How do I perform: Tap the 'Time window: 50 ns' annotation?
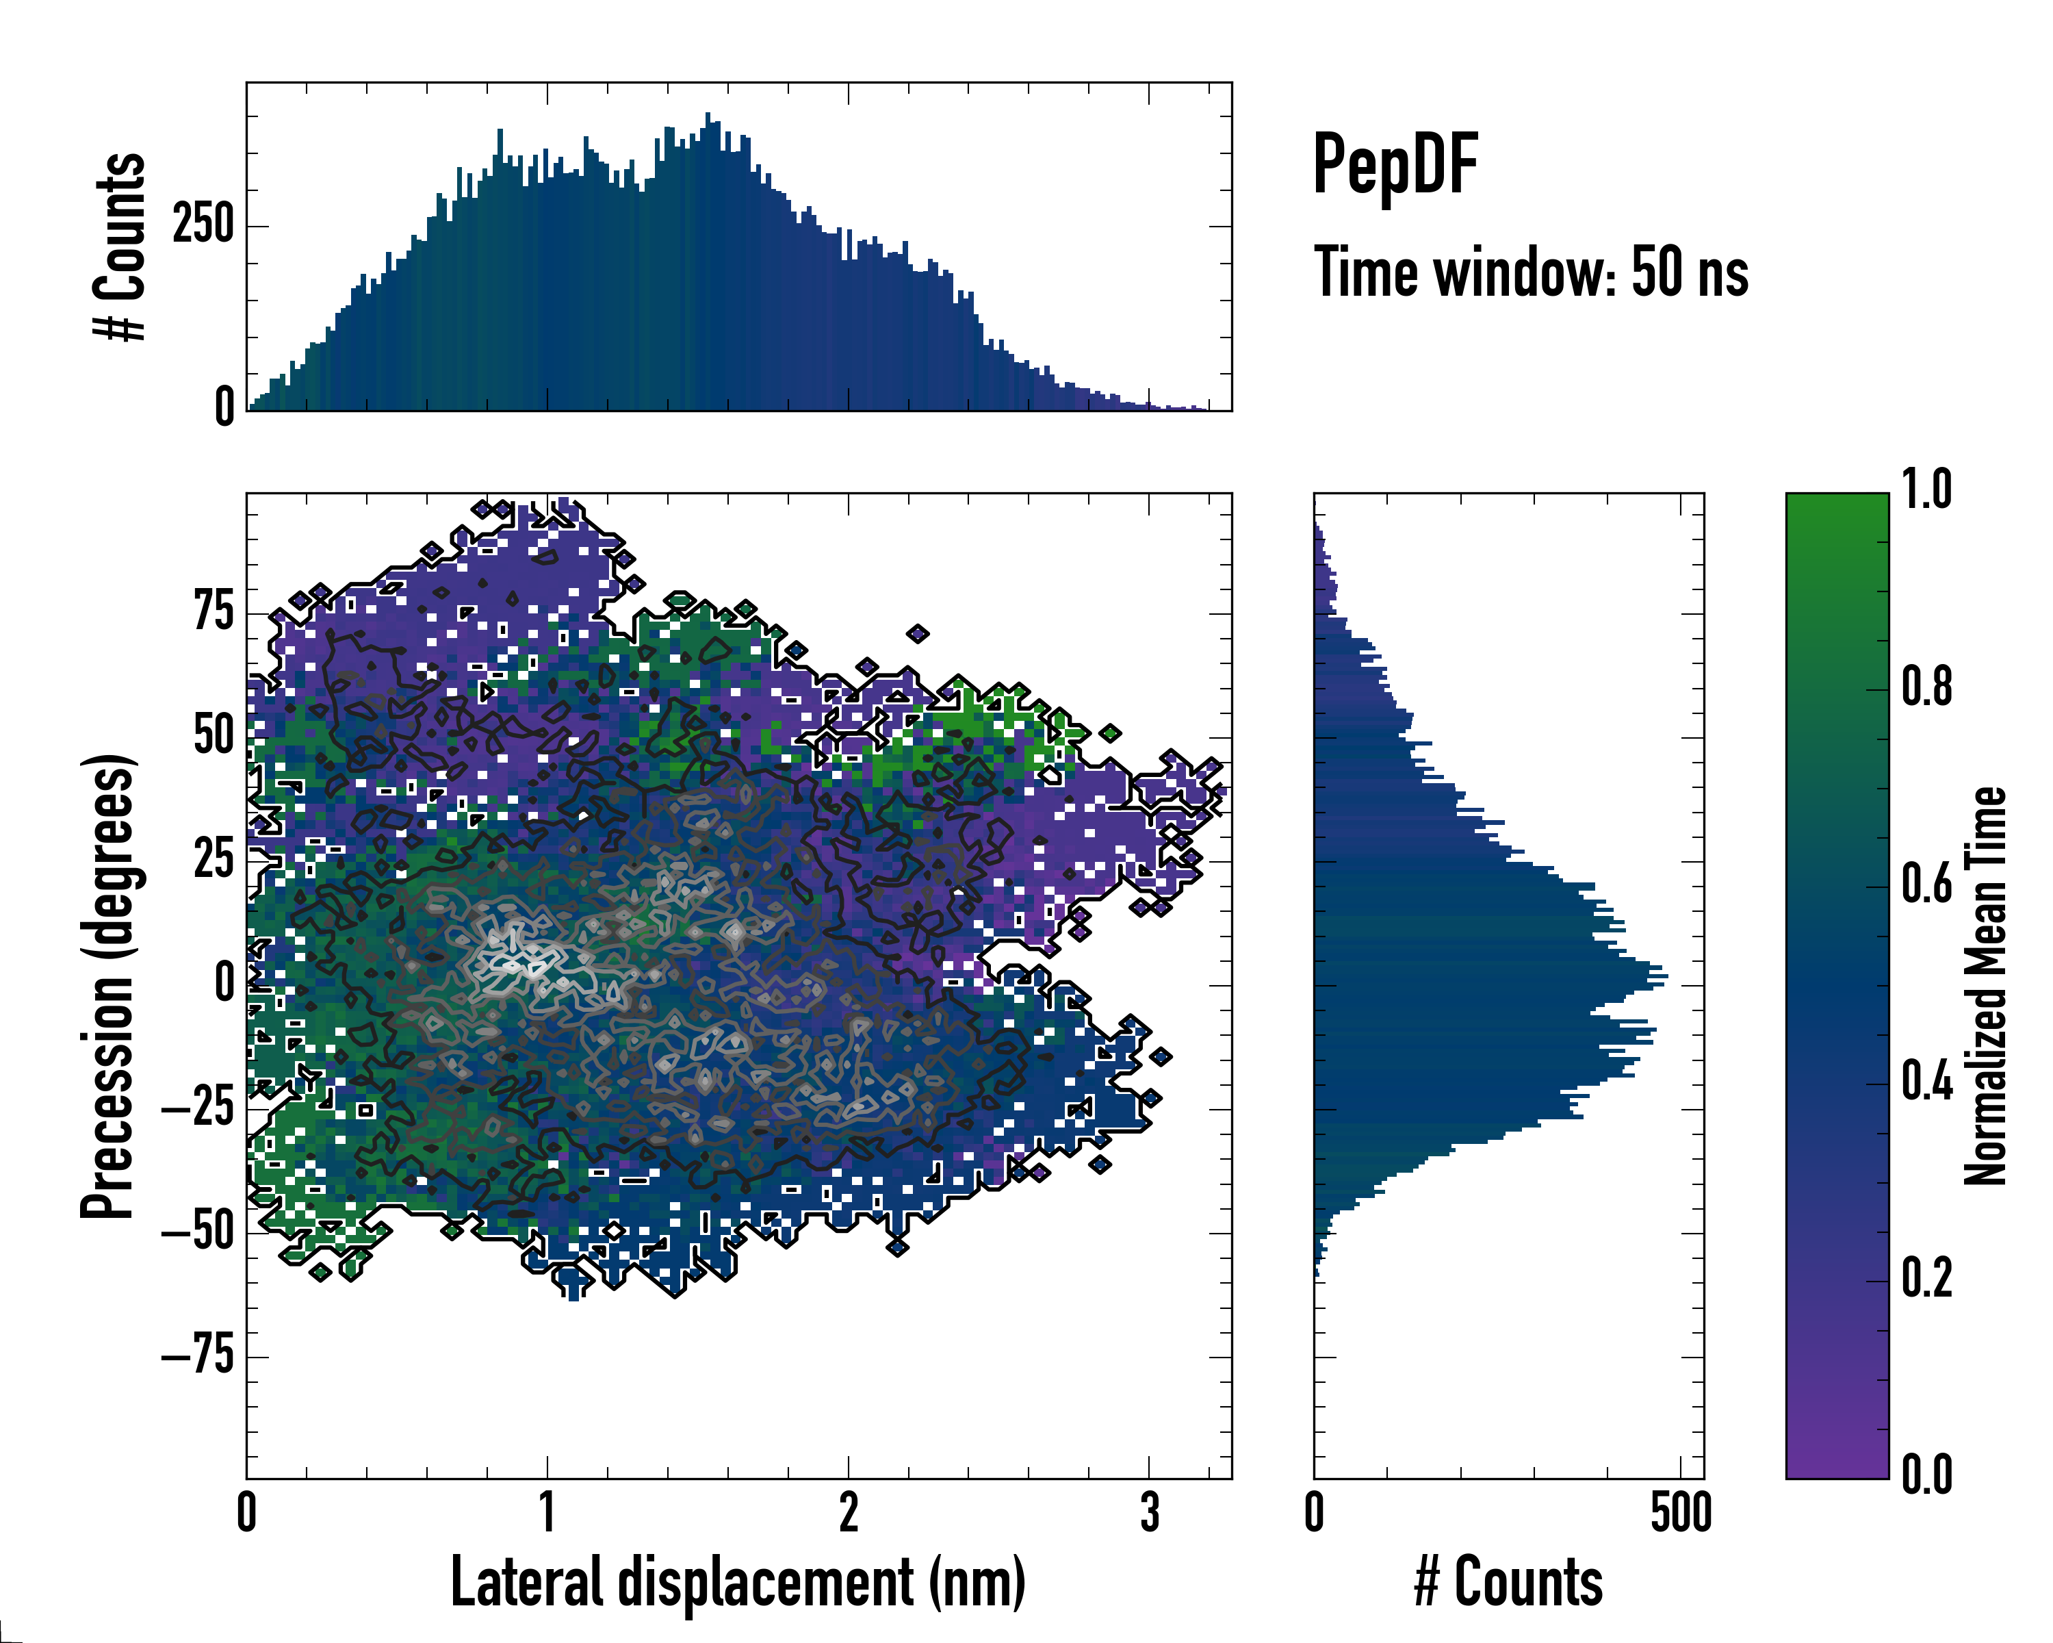click(1530, 272)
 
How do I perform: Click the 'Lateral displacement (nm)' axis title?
click(738, 1582)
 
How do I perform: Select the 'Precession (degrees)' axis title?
click(107, 986)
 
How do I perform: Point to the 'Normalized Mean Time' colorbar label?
click(1985, 986)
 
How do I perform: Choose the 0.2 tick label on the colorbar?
click(1926, 1278)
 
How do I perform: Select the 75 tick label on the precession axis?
click(214, 611)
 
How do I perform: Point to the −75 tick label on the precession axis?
click(197, 1355)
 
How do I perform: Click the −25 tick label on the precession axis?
click(197, 1108)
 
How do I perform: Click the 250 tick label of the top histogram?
click(202, 226)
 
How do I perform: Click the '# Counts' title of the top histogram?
click(120, 246)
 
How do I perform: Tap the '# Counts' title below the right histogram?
click(1508, 1582)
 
